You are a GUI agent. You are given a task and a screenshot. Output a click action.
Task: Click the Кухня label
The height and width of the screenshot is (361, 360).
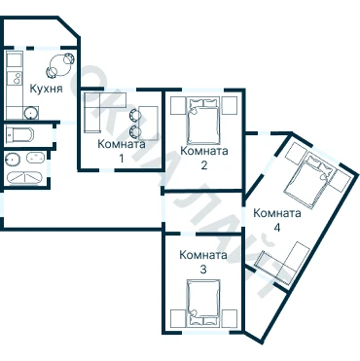[46, 89]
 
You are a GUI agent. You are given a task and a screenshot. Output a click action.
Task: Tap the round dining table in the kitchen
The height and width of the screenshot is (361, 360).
[59, 65]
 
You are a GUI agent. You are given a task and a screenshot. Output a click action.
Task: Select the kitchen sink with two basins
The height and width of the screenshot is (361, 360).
[15, 78]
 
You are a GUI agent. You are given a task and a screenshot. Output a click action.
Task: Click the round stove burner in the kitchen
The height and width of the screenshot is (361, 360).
[31, 113]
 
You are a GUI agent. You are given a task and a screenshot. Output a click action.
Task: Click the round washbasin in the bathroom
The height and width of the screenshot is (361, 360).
[13, 159]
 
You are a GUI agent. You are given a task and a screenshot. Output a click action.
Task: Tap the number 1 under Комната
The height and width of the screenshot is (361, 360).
[122, 159]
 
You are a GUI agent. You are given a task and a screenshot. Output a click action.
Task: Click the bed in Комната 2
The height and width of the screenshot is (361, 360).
[203, 121]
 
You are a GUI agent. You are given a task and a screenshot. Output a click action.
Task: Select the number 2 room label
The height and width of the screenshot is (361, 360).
[203, 165]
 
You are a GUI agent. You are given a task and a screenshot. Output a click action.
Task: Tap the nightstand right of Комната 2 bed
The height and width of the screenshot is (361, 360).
[230, 105]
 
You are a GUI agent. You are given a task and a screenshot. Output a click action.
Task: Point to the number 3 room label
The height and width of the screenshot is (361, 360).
[203, 270]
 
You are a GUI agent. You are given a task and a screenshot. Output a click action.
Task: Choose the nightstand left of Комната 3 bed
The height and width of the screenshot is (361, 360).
[178, 318]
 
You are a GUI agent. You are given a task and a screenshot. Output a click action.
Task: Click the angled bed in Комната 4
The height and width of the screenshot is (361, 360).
[309, 180]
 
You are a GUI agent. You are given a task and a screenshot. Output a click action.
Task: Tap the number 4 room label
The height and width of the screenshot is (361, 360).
[276, 228]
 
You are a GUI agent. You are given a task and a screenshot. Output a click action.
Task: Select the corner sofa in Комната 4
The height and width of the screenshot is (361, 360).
[285, 264]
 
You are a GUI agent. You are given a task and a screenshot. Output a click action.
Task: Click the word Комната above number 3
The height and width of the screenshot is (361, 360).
[203, 255]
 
